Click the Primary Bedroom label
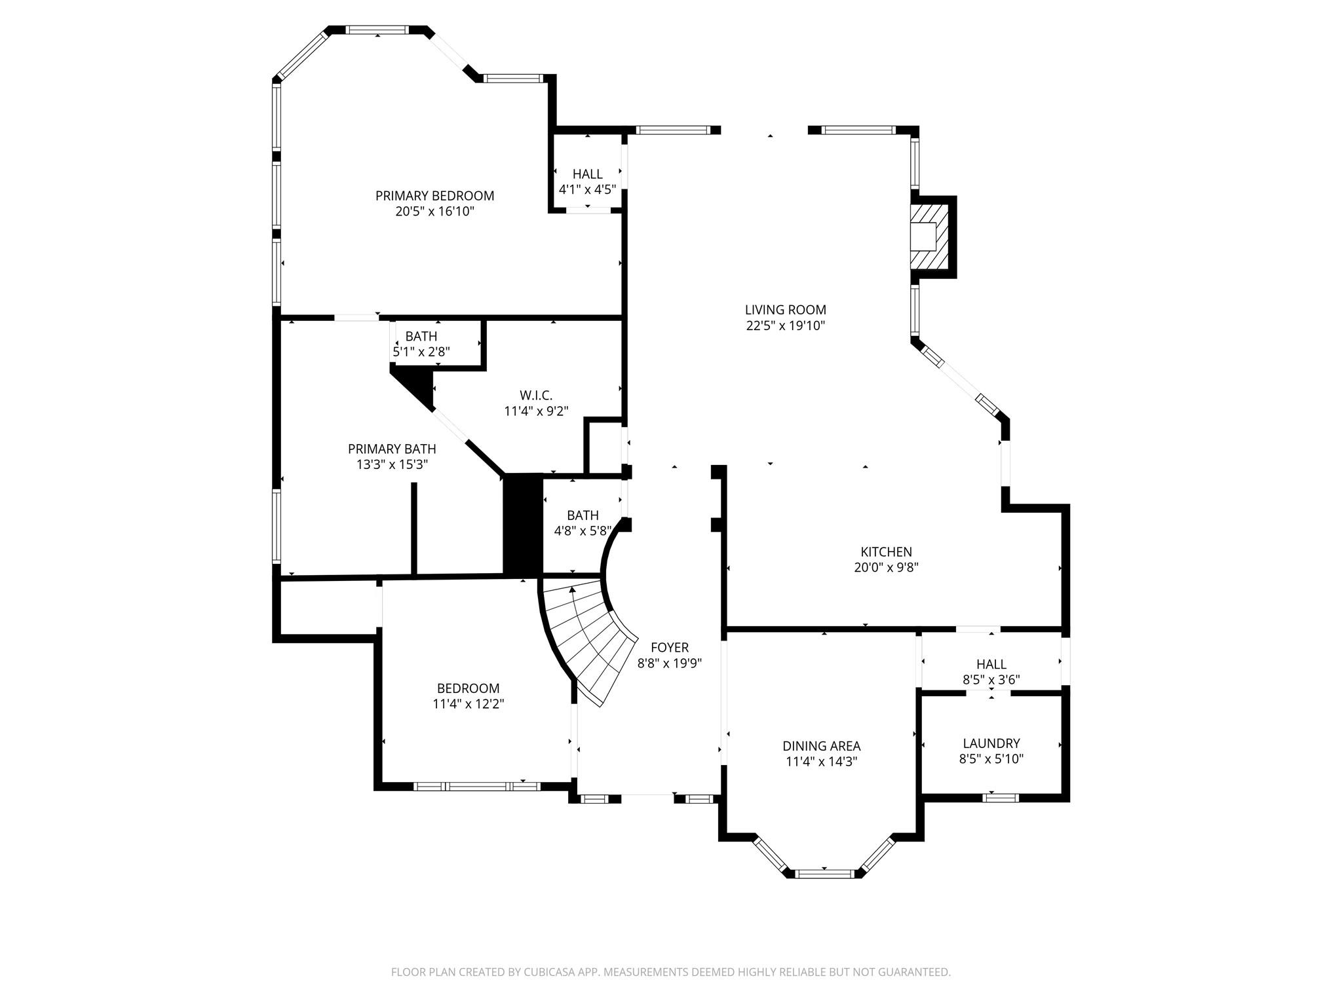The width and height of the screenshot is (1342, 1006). coord(434,195)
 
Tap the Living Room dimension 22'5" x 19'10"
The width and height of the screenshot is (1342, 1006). coord(785,326)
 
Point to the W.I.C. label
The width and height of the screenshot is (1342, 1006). coord(536,395)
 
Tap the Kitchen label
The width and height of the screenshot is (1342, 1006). coord(886,551)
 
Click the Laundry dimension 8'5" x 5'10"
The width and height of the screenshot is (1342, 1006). coord(991,759)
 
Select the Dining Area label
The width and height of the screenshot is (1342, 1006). coord(821,745)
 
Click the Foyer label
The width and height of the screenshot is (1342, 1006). coord(670,647)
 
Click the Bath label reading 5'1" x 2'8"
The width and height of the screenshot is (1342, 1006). coord(421,336)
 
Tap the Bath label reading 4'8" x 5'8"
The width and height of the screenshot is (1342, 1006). coord(583,515)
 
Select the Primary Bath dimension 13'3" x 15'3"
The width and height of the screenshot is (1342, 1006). coord(392,464)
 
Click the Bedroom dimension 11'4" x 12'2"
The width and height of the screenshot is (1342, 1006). coord(468,704)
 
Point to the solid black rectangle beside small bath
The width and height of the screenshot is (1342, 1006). coord(522,524)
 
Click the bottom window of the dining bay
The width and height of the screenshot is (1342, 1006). coord(824,873)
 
